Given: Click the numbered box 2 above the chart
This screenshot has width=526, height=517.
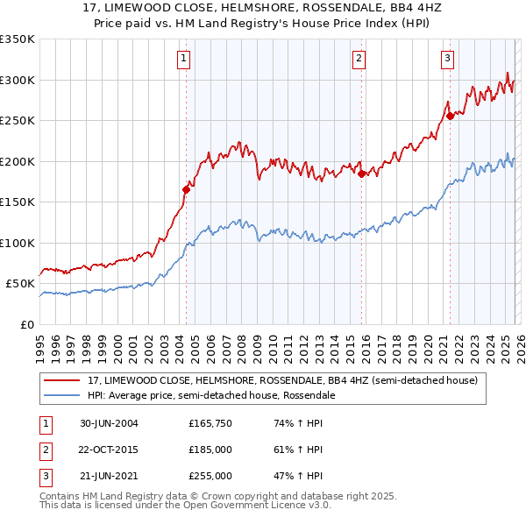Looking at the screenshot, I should (359, 59).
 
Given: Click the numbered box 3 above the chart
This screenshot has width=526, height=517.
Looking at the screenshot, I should (447, 59).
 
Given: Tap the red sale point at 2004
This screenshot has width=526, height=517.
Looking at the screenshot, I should (186, 189).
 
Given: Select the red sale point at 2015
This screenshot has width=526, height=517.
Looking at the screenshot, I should (361, 174).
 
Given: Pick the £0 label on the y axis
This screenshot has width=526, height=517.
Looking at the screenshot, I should (26, 324).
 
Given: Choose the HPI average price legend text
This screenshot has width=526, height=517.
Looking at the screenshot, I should (210, 395).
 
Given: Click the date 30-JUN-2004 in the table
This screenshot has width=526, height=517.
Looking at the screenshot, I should (109, 423).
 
